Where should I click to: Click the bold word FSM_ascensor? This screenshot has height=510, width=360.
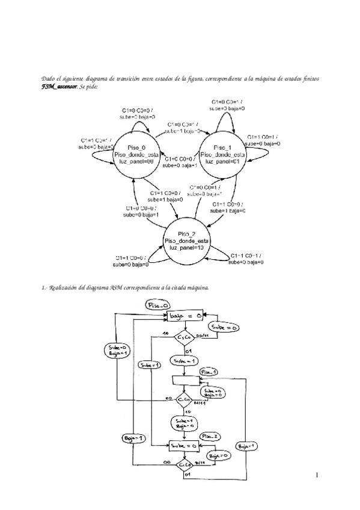(59, 87)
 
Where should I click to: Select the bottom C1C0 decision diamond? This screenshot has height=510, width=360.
(184, 465)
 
